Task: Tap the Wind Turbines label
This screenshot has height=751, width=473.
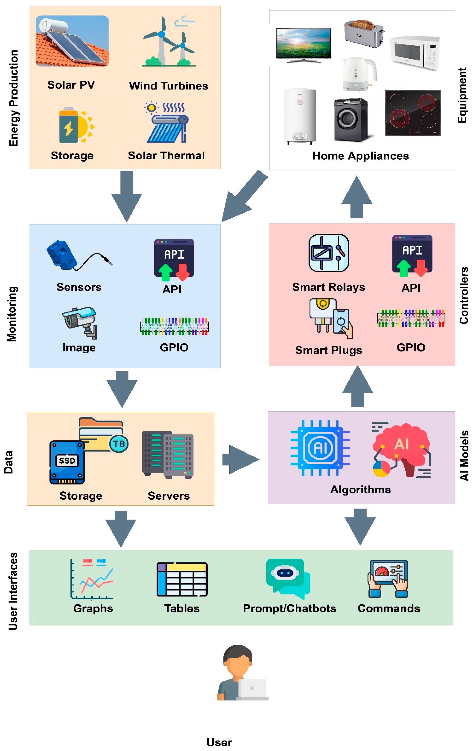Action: click(x=169, y=86)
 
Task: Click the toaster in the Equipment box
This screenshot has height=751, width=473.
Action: click(x=363, y=34)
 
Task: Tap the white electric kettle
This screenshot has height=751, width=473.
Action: click(x=359, y=74)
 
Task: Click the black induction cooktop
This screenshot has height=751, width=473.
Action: click(x=412, y=113)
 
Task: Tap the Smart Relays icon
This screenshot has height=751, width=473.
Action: click(x=328, y=253)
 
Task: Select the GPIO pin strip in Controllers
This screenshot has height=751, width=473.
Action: click(x=411, y=318)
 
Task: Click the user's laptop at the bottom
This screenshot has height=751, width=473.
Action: click(x=253, y=689)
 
